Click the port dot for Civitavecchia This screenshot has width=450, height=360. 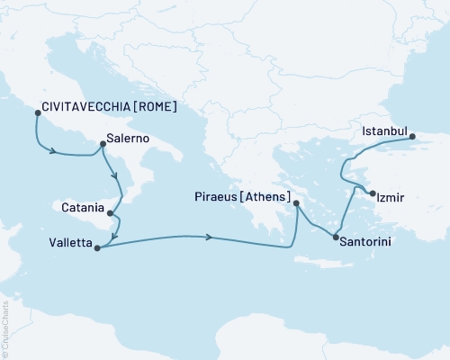(x=37, y=112)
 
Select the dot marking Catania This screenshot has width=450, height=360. (x=109, y=213)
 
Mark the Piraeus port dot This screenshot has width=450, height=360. (x=297, y=203)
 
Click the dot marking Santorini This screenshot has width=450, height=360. (x=336, y=238)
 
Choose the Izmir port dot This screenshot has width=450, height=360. (x=373, y=193)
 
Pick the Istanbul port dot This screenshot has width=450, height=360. (x=412, y=138)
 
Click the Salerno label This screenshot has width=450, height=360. (x=128, y=139)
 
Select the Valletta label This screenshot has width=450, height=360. (x=71, y=243)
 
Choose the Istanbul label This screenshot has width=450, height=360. (x=385, y=131)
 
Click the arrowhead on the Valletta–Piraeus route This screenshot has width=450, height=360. (x=210, y=237)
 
